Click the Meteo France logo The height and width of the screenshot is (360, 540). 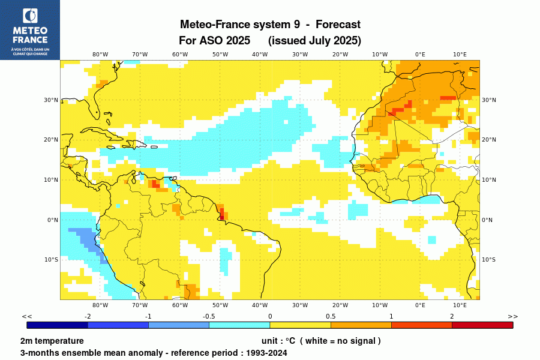(x=29, y=29)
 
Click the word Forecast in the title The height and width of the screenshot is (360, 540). (x=338, y=25)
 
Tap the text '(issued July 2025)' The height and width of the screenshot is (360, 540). (x=314, y=41)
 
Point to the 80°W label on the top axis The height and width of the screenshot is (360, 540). (x=100, y=54)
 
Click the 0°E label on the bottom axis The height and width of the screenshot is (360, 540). (x=420, y=305)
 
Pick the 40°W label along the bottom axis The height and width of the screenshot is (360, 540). (x=260, y=305)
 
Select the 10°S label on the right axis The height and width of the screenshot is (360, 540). (x=489, y=260)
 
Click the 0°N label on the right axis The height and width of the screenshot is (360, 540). (x=488, y=220)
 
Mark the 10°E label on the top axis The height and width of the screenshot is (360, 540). (x=460, y=54)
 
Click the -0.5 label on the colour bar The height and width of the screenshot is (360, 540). (x=209, y=316)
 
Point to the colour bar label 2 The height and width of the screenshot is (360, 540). (x=452, y=316)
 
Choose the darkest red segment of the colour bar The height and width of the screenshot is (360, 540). (x=482, y=325)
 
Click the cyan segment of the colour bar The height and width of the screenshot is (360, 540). (x=239, y=325)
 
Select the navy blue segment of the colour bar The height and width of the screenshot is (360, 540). (x=58, y=325)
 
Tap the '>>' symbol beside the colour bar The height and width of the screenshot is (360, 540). (x=512, y=316)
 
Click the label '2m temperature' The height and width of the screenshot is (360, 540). (x=52, y=341)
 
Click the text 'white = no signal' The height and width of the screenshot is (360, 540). (x=340, y=341)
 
